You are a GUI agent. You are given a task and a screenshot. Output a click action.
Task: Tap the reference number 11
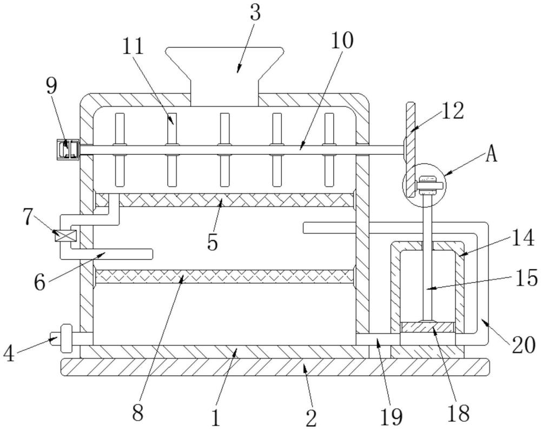pyautogui.click(x=133, y=46)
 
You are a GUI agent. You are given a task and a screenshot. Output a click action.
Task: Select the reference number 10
pyautogui.click(x=342, y=40)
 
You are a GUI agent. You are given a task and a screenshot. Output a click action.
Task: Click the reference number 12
pyautogui.click(x=452, y=111)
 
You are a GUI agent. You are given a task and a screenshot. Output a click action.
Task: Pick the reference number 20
pyautogui.click(x=523, y=344)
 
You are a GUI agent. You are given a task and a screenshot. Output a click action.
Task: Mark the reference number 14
pyautogui.click(x=523, y=238)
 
